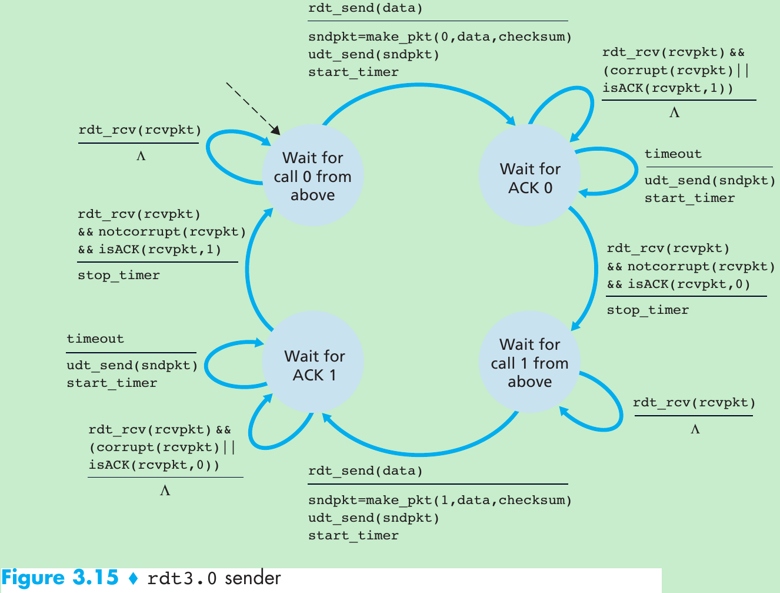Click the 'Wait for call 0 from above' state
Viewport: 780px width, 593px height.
[x=312, y=176]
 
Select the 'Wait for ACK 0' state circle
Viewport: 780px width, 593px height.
[x=530, y=178]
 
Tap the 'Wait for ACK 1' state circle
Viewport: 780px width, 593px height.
[x=314, y=365]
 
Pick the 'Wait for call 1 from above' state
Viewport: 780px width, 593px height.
[x=529, y=363]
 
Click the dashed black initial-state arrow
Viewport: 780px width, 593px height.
[x=252, y=107]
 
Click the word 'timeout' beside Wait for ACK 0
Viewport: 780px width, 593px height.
[x=673, y=154]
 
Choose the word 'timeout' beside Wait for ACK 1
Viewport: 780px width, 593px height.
[x=95, y=339]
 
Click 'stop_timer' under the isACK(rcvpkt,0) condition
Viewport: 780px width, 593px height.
[x=648, y=310]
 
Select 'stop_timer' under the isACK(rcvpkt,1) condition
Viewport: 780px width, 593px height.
[x=119, y=276]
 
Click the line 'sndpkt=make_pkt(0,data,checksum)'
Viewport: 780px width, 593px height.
[x=440, y=37]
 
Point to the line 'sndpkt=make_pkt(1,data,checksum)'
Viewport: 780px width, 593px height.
[x=440, y=501]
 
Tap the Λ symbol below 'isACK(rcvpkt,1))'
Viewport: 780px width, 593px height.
[x=674, y=112]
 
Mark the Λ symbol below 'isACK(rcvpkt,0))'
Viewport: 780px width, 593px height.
[x=165, y=491]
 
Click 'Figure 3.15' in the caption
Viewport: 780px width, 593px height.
[x=60, y=578]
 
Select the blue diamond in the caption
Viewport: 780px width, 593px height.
[x=133, y=579]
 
